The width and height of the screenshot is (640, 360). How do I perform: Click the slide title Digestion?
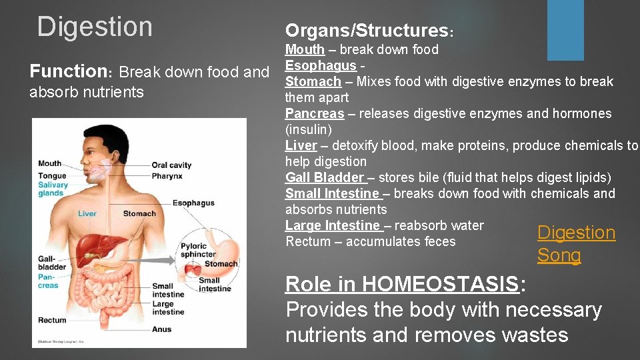tap(95, 27)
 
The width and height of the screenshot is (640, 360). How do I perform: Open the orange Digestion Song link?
tap(576, 243)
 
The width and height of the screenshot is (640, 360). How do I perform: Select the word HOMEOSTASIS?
tap(440, 284)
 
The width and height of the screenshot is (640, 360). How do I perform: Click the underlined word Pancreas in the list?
tap(315, 113)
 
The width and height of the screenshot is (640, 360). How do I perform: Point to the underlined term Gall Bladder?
tap(325, 177)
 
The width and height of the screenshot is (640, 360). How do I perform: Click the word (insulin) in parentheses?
tap(309, 129)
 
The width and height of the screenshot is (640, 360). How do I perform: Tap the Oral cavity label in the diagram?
tap(171, 165)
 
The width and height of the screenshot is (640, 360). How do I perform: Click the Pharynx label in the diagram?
tap(167, 176)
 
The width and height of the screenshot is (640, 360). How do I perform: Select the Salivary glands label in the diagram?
tap(53, 189)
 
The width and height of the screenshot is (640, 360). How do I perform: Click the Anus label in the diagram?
tap(161, 329)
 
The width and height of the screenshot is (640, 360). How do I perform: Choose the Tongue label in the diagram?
tap(52, 175)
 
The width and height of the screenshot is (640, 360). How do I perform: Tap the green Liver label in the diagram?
tap(87, 214)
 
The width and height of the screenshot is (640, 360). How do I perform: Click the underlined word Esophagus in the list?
tap(321, 65)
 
